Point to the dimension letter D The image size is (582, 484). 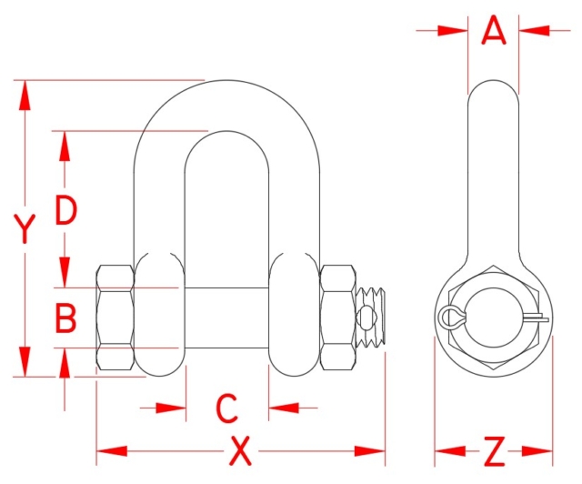coord(65,210)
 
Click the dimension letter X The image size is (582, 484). coord(240,450)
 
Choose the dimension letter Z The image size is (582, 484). coord(494,450)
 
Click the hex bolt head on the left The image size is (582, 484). coord(115,318)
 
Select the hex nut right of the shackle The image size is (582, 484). coord(337,318)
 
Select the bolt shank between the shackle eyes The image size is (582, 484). coord(227,318)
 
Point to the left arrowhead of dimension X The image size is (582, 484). coord(108,450)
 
